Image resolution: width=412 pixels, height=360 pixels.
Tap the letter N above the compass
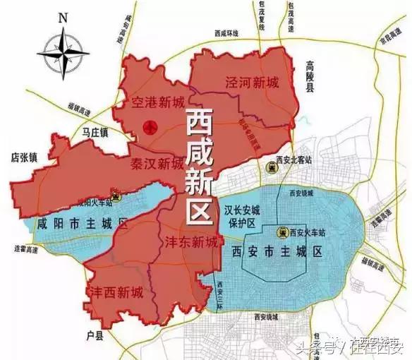pos(63,16)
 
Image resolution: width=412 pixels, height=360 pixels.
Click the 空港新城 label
pos(157,103)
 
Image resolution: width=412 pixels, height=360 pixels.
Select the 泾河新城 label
pos(252,82)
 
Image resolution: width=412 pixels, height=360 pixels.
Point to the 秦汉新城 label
pos(157,164)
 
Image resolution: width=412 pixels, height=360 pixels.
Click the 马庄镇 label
pos(94,131)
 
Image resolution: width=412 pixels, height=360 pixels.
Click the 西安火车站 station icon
pos(281,231)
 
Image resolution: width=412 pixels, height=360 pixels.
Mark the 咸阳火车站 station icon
pos(117,198)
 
